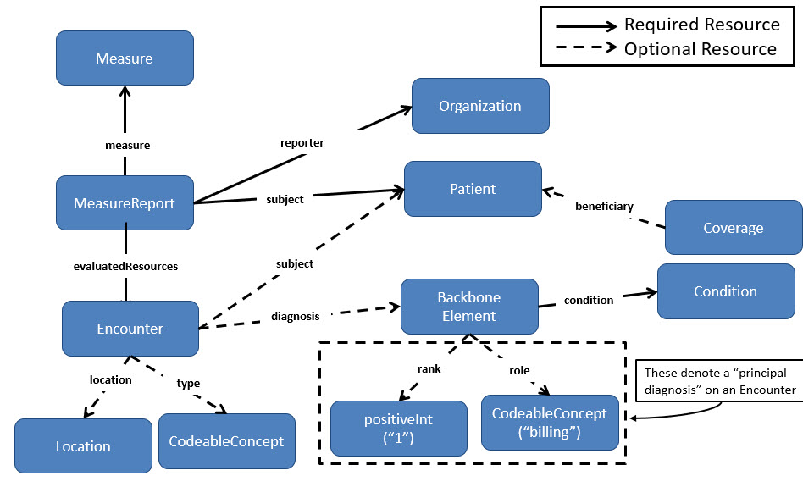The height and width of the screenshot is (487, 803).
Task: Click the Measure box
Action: pos(125,58)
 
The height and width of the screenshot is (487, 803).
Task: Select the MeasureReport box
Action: pos(125,203)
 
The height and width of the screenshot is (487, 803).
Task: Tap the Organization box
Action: pos(480,106)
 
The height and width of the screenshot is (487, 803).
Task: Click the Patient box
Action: pos(473,188)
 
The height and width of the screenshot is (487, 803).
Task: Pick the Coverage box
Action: pos(733,228)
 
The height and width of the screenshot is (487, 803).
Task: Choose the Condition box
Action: pos(725,291)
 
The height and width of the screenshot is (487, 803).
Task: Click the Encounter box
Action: pos(130,329)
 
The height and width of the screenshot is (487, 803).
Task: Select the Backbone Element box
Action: pos(468,307)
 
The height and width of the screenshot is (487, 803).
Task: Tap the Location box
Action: pos(83,445)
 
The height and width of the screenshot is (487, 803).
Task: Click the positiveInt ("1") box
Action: pos(398,428)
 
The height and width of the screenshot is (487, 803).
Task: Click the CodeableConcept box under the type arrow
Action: pos(226,441)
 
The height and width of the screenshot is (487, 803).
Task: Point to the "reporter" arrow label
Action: pos(302,142)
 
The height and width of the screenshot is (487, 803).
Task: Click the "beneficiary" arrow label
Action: pos(604,206)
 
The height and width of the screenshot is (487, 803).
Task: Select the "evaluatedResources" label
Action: pos(125,265)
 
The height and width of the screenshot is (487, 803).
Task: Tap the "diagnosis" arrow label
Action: pos(296,316)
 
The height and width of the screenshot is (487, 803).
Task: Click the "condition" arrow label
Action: pos(588,300)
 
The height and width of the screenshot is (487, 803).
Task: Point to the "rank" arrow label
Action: pos(429,368)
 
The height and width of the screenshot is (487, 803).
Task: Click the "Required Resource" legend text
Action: pos(701,24)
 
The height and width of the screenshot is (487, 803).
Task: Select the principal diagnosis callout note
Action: pos(720,381)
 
